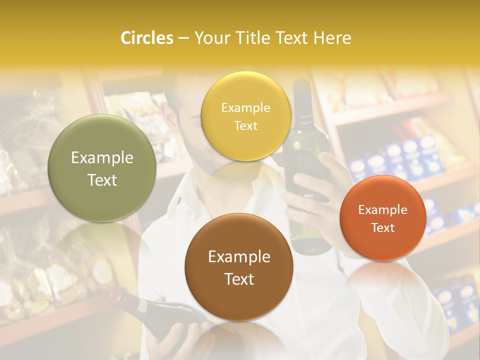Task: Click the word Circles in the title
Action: pyautogui.click(x=146, y=38)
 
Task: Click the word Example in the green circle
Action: pyautogui.click(x=102, y=158)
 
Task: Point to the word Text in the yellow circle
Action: pyautogui.click(x=245, y=125)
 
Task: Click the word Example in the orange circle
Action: pyautogui.click(x=383, y=209)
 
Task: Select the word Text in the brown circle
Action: pyautogui.click(x=239, y=279)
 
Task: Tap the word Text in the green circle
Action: pyautogui.click(x=102, y=180)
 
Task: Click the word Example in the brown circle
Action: pyautogui.click(x=239, y=256)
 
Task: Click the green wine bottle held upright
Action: pyautogui.click(x=306, y=200)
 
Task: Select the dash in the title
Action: pyautogui.click(x=183, y=38)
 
